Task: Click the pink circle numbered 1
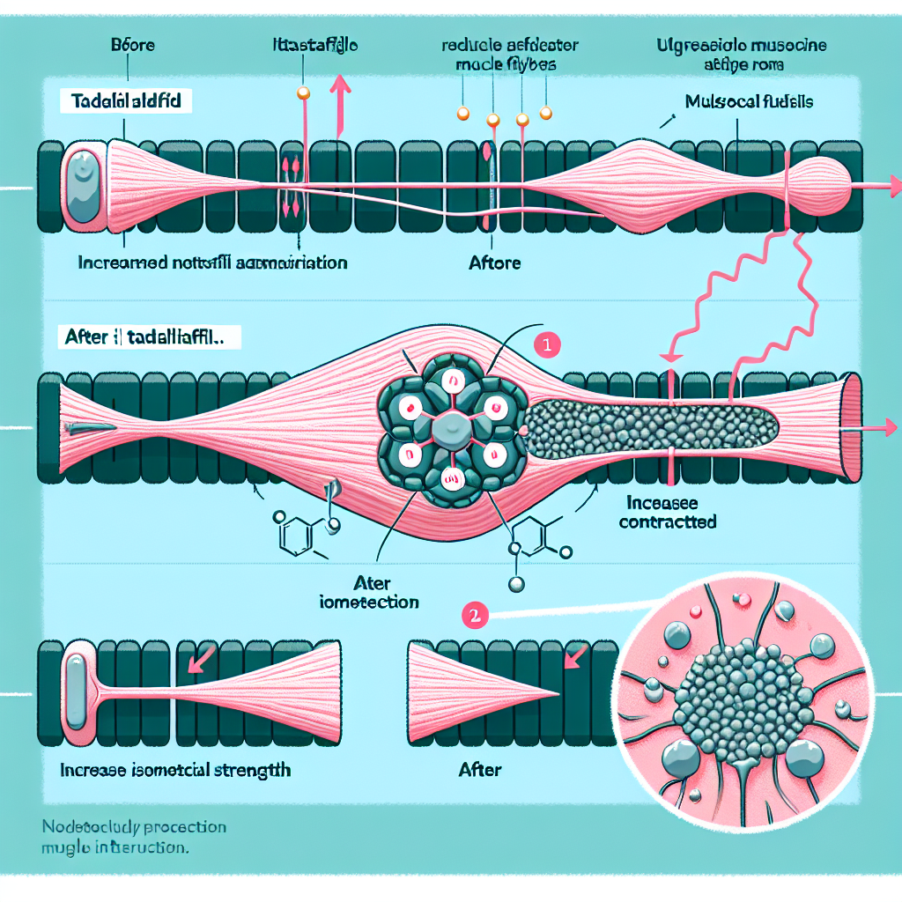click(x=546, y=346)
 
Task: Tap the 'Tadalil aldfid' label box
click(x=122, y=101)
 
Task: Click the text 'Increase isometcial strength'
click(x=175, y=770)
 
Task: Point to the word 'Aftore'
click(x=495, y=262)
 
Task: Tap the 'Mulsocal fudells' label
click(x=749, y=102)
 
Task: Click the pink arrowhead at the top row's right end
click(x=895, y=186)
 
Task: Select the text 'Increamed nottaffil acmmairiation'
click(x=212, y=262)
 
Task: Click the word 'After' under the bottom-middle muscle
click(x=480, y=770)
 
